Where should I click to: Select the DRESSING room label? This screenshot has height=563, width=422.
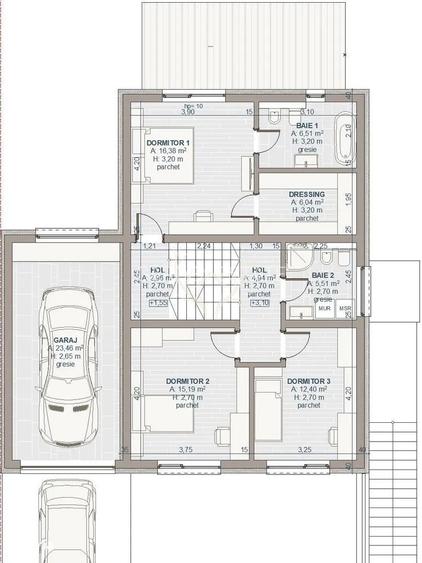(306, 194)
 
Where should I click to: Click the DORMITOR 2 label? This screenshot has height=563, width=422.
(186, 382)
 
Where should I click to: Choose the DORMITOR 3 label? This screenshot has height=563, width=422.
(308, 382)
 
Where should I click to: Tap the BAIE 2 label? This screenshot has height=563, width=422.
(323, 274)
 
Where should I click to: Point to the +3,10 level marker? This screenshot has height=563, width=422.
(258, 303)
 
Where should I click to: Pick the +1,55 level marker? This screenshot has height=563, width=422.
(158, 303)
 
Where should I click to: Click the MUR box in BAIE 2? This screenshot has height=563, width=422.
(324, 309)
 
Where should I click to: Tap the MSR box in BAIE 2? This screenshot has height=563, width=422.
(344, 309)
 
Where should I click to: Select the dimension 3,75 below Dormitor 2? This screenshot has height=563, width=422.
(185, 449)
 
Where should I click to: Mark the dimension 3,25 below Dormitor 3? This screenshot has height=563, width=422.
(304, 449)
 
